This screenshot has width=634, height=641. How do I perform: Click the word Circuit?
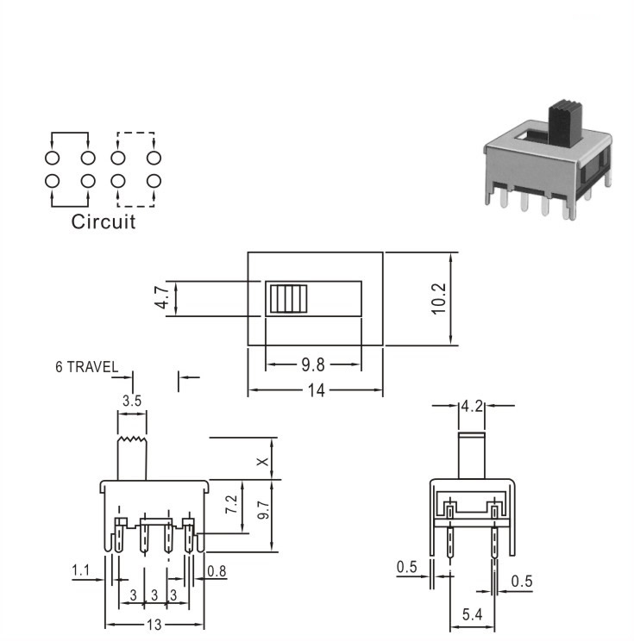click(x=104, y=222)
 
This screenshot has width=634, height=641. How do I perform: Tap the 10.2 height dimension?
click(x=439, y=299)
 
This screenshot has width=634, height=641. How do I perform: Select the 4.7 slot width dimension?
click(x=163, y=297)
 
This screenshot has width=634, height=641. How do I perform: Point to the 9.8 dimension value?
click(x=313, y=364)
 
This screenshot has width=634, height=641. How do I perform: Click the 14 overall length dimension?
click(x=316, y=390)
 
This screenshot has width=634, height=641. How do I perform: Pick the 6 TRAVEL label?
click(x=87, y=367)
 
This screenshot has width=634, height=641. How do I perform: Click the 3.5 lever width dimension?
click(x=132, y=401)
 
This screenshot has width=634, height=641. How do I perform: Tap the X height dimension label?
click(x=262, y=462)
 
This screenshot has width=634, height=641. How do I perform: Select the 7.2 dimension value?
click(x=231, y=504)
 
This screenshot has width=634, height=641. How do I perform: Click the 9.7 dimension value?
click(x=264, y=510)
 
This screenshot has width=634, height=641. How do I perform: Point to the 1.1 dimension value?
click(x=80, y=569)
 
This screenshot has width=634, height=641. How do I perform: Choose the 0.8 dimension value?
click(x=217, y=571)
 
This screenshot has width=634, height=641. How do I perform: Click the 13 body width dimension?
click(x=154, y=625)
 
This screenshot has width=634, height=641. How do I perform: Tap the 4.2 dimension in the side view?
click(x=472, y=407)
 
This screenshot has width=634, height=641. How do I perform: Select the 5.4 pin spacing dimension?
click(x=473, y=614)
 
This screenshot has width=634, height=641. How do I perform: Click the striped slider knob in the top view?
click(x=288, y=299)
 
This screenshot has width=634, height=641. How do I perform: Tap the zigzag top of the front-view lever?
click(x=132, y=440)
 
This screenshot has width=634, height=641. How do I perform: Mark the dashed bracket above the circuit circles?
click(x=136, y=133)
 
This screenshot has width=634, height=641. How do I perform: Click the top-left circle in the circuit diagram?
click(x=52, y=158)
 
